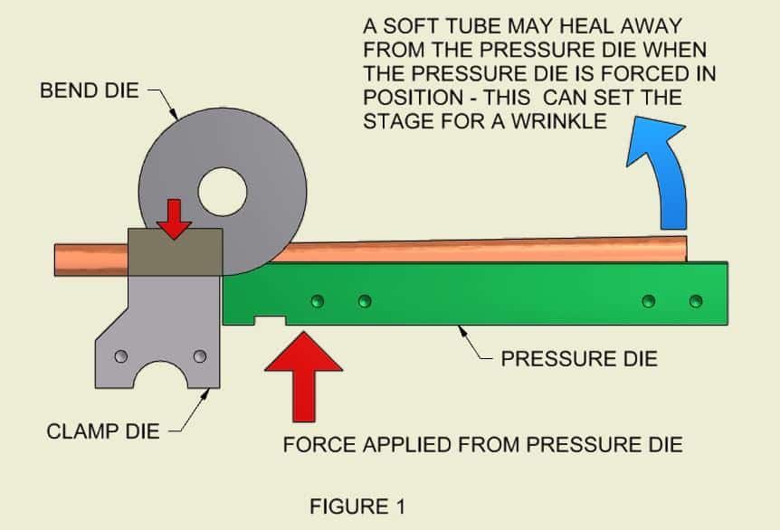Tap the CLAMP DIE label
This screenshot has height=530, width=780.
(102, 431)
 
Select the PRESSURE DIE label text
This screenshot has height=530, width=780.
(579, 359)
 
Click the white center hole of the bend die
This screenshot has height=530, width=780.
(223, 192)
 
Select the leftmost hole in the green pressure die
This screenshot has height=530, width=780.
(317, 300)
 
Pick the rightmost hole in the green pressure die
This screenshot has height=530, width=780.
(695, 300)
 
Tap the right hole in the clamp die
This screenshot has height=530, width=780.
(199, 356)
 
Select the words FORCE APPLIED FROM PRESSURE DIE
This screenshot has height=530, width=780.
(482, 445)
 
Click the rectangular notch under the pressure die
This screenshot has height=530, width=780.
(271, 319)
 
